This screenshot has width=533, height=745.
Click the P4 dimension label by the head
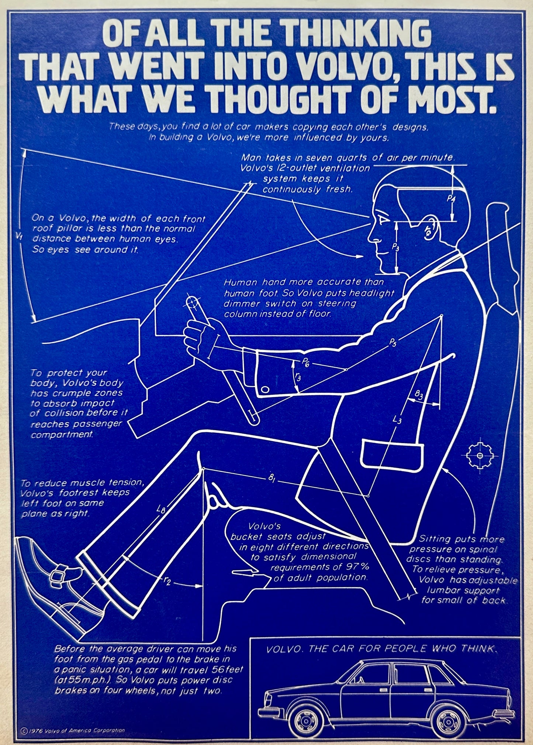[x=451, y=199]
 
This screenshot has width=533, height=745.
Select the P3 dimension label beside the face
[x=395, y=247]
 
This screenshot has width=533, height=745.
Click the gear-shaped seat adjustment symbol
[x=480, y=456]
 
